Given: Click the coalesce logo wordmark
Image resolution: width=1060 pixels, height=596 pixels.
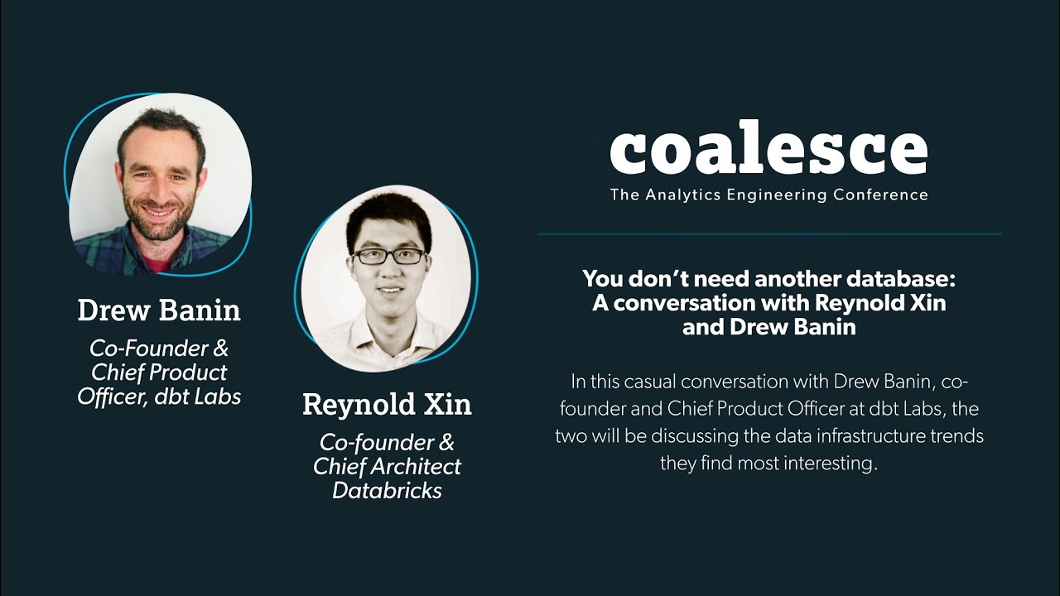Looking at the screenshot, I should tap(768, 151).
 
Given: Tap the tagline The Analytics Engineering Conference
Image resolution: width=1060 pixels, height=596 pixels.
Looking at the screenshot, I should tap(768, 195).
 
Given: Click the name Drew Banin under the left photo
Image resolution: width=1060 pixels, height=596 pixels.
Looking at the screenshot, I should tap(159, 310).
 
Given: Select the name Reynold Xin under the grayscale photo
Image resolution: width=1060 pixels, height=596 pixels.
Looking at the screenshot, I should tap(387, 405).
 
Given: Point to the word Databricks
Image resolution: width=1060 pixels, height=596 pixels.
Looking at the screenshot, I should tap(387, 490).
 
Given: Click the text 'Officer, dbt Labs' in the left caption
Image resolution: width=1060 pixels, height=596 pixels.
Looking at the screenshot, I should tap(159, 397).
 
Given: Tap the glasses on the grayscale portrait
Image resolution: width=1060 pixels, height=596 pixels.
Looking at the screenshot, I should tap(388, 257).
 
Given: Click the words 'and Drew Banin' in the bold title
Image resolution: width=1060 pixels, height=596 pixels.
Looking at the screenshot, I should tap(768, 327).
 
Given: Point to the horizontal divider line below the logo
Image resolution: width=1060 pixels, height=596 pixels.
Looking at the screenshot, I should tap(768, 234).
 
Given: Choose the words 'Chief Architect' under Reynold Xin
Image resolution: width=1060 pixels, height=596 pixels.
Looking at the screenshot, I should tap(387, 466).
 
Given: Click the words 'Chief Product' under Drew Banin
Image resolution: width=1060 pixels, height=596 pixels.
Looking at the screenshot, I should tap(159, 372).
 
